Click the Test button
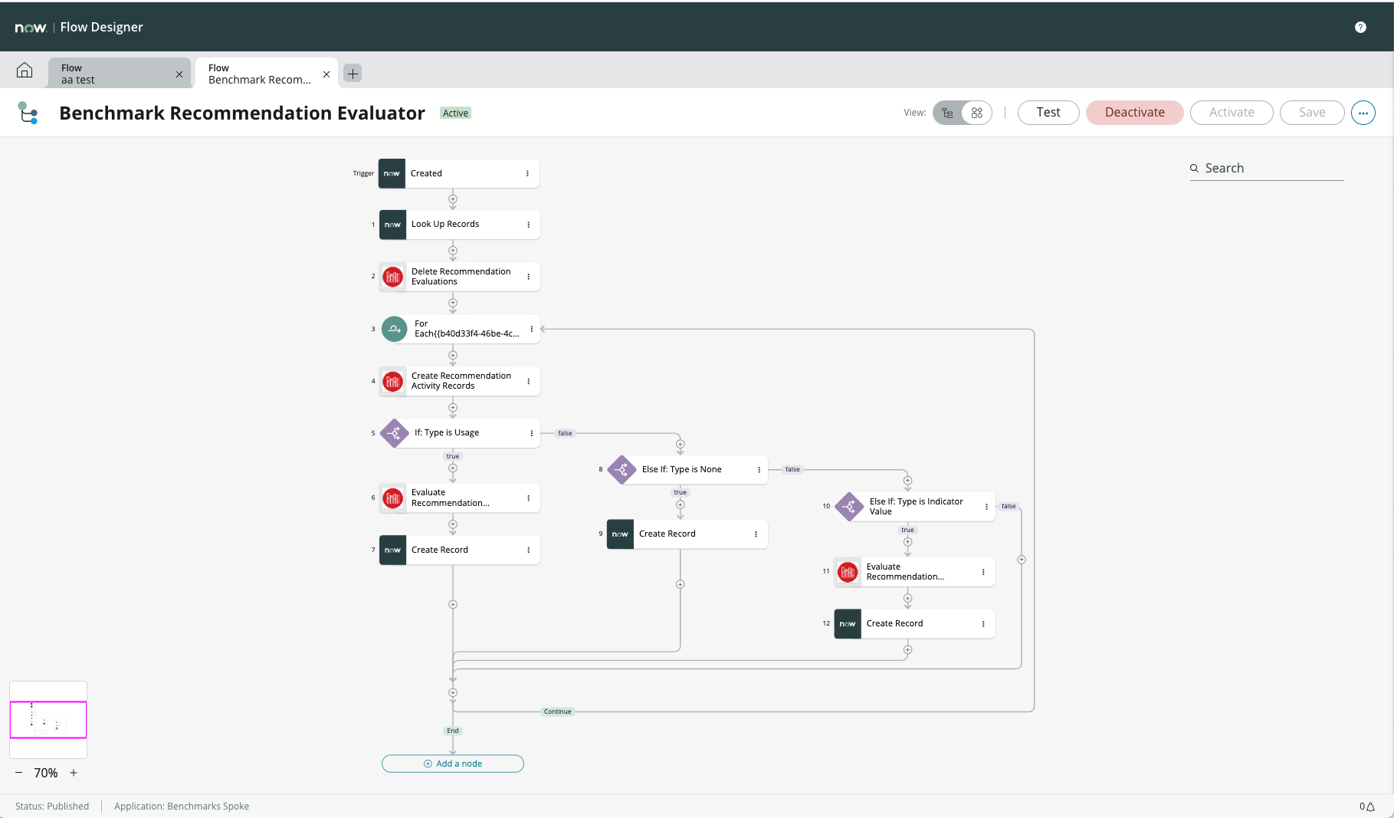click(1048, 113)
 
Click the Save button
click(1311, 113)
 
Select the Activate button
click(1231, 113)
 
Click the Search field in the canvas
click(1272, 169)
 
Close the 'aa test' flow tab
click(179, 74)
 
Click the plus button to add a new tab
click(353, 74)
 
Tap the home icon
click(25, 71)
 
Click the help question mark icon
click(1360, 28)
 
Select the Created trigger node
click(460, 174)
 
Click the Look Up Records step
click(460, 225)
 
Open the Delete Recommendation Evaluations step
click(460, 277)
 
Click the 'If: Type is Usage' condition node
click(460, 433)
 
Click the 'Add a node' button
click(453, 764)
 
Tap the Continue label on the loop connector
click(557, 711)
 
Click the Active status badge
click(455, 113)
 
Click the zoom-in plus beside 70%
click(74, 773)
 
